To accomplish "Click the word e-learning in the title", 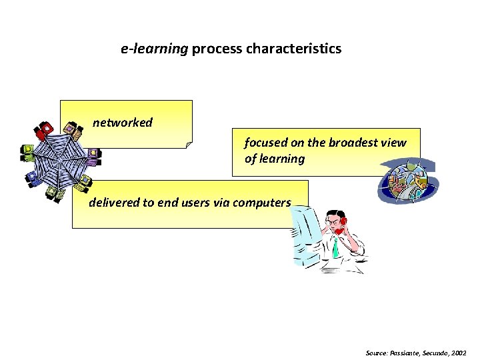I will [155, 49].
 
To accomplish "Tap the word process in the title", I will [217, 49].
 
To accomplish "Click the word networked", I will [123, 123].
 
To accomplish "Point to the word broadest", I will [351, 143].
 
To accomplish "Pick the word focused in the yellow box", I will [263, 143].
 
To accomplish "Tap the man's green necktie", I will [335, 247].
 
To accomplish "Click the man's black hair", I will [331, 214].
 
